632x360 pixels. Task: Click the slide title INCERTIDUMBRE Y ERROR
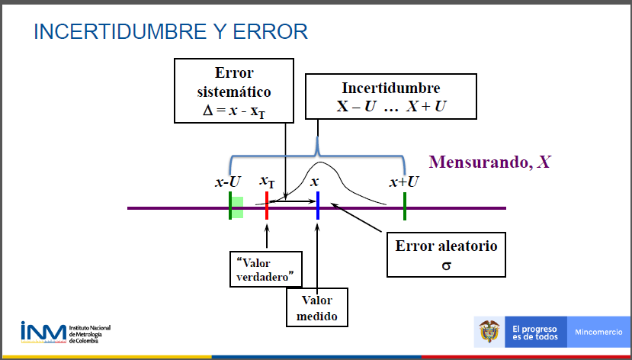171,32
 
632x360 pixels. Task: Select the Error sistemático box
234,91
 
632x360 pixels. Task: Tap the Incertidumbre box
391,96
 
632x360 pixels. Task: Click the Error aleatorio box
446,255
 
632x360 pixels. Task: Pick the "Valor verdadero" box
265,269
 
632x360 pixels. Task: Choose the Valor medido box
317,307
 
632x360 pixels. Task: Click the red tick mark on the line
267,206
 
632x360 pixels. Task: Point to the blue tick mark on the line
318,206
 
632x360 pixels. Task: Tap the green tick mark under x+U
405,206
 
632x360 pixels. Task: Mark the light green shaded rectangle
237,207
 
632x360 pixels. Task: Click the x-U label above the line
228,182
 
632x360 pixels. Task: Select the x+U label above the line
404,182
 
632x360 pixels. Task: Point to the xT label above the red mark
267,182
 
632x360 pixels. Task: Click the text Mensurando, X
489,162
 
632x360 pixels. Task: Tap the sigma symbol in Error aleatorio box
446,265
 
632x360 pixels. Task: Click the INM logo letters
43,332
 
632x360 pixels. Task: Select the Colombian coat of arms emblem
489,331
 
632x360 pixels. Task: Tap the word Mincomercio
599,333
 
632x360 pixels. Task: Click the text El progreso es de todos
535,333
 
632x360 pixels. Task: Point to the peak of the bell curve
320,162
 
